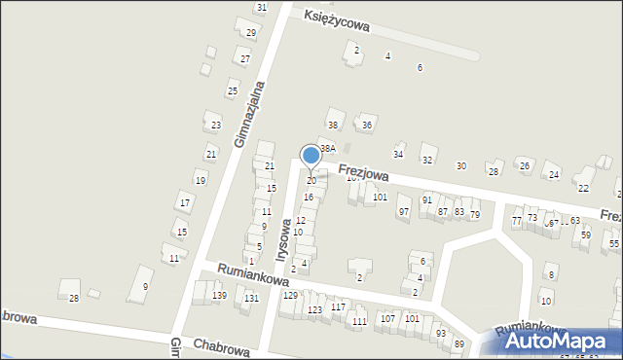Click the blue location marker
coord(311,155)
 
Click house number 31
coord(261,8)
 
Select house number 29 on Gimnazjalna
coord(250,33)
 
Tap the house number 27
coord(245,59)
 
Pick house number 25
coord(232,91)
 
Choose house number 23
coord(216,126)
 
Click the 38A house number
coord(328,148)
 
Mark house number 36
coord(367,126)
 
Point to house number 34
coord(397,155)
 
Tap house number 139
coord(220,296)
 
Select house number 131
coord(251,299)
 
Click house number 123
coord(314,309)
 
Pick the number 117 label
coord(338,306)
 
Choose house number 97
coord(403,211)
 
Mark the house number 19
coord(200,181)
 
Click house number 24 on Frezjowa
coord(553,175)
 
